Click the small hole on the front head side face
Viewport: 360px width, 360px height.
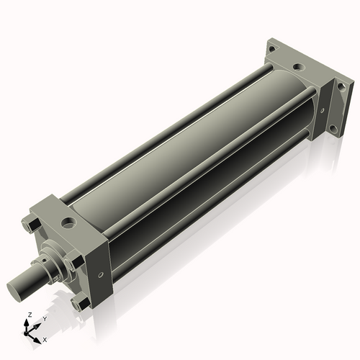click(100, 274)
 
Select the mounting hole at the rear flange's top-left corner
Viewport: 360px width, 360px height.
click(271, 48)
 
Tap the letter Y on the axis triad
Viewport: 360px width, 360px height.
click(44, 318)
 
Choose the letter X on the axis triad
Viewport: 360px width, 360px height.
click(45, 339)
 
